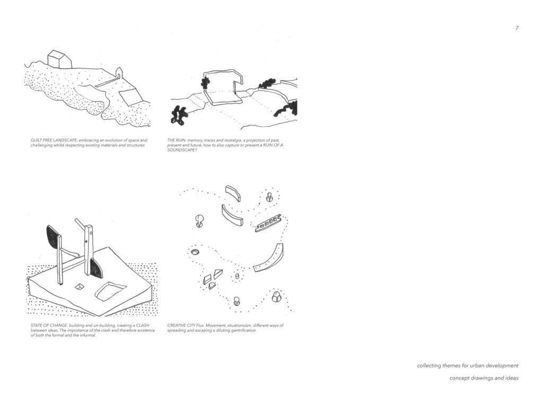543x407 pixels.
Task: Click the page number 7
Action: pyautogui.click(x=516, y=28)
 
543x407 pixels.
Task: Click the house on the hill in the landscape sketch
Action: pyautogui.click(x=59, y=59)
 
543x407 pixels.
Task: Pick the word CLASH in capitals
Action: pyautogui.click(x=142, y=325)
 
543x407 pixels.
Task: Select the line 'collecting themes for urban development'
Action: pyautogui.click(x=468, y=366)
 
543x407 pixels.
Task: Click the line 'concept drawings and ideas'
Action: pyautogui.click(x=484, y=378)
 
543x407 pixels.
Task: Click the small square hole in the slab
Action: pyautogui.click(x=80, y=286)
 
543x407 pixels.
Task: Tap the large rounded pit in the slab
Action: pyautogui.click(x=110, y=291)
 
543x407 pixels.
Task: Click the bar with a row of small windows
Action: pyautogui.click(x=267, y=224)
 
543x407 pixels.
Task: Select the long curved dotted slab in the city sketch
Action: pyautogui.click(x=269, y=259)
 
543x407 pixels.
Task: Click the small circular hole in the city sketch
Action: pyautogui.click(x=195, y=252)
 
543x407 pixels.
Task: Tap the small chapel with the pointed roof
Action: pyautogui.click(x=119, y=73)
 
